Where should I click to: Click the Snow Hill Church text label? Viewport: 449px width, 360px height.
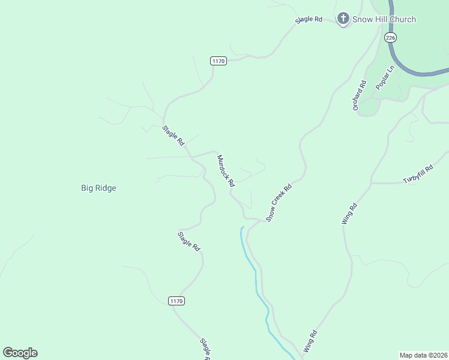coord(384,19)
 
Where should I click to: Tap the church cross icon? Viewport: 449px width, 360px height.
coord(343,19)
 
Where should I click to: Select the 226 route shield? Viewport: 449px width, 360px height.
coord(391,37)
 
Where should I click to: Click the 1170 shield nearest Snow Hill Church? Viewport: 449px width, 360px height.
coord(218,61)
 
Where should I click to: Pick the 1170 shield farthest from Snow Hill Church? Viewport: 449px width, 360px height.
coord(176,301)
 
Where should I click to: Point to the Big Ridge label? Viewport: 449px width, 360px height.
coord(98,188)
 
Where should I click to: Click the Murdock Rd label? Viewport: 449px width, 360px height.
coord(225,171)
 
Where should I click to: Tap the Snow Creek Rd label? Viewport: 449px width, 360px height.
coord(279,203)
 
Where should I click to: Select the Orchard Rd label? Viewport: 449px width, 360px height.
coord(359,95)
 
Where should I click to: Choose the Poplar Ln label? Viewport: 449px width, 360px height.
coord(385,78)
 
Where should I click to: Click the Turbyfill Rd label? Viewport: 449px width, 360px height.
coord(418,175)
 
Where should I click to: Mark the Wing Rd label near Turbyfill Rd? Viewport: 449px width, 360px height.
coord(349,214)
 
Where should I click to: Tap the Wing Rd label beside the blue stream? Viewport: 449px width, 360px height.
coord(310,341)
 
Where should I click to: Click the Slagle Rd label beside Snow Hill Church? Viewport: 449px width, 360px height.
coord(309,19)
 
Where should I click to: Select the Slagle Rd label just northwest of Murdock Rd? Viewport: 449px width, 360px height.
coord(173,136)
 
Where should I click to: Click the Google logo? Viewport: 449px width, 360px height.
coord(20,353)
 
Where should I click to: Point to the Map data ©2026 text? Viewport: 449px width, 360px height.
coord(423,355)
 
